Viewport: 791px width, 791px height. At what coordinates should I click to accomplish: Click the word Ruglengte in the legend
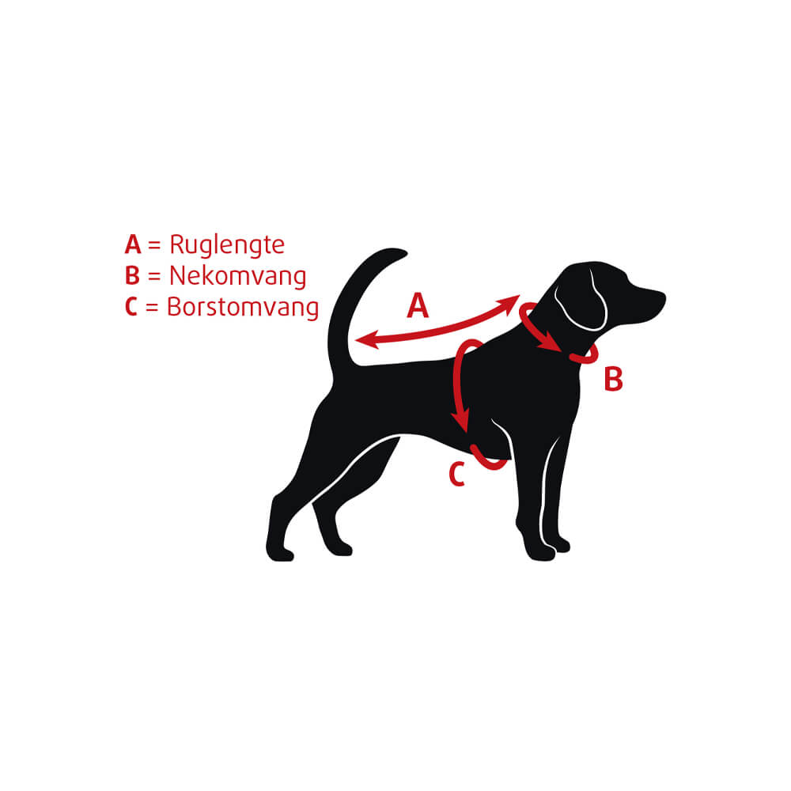click(x=226, y=245)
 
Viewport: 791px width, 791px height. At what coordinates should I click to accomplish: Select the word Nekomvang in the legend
click(x=237, y=276)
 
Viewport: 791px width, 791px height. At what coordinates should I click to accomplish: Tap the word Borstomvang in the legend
click(x=243, y=307)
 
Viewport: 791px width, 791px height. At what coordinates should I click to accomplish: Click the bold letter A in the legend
click(x=132, y=244)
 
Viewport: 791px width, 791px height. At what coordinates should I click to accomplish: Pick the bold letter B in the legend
click(x=132, y=276)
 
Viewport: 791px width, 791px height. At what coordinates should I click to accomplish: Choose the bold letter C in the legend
click(x=131, y=307)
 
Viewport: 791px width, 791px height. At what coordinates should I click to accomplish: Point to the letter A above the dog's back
click(x=418, y=306)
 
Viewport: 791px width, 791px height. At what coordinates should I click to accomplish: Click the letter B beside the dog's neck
click(x=613, y=380)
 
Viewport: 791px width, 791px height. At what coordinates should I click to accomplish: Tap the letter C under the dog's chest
click(x=456, y=475)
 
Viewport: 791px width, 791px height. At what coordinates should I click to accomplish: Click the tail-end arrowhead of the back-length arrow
click(x=362, y=340)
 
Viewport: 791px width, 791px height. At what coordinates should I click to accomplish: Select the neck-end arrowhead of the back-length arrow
click(x=512, y=302)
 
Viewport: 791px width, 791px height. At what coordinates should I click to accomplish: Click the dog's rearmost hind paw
click(x=278, y=551)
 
